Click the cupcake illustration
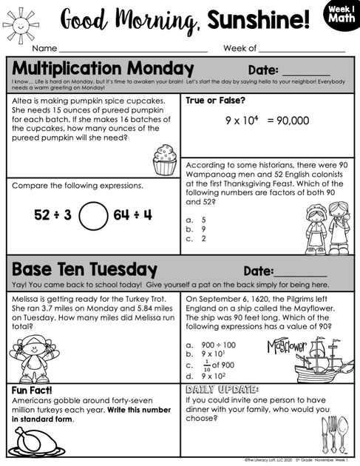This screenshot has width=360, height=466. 164,159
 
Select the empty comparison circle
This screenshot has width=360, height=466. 92,215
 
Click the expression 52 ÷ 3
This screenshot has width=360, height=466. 52,215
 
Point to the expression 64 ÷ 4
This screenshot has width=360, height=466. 132,215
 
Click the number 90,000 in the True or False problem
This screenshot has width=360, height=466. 288,121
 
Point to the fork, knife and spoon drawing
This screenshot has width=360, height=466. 330,433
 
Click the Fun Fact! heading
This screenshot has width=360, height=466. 36,391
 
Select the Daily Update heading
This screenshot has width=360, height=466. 223,389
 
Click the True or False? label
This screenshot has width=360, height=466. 215,100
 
